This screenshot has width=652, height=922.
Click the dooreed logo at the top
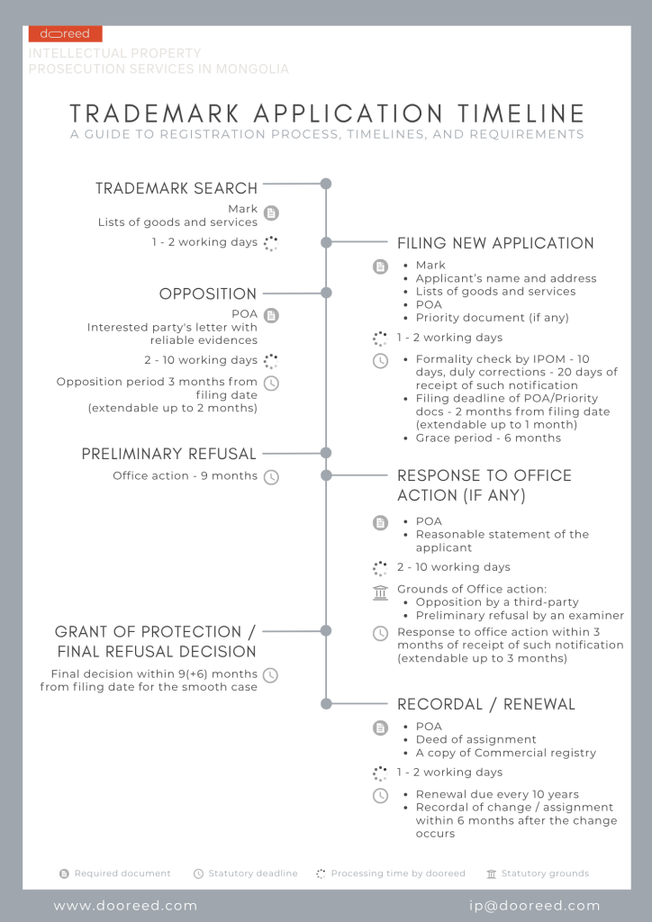pos(65,34)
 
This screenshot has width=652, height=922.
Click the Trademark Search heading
pos(177,188)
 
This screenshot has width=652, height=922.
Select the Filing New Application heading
pos(495,243)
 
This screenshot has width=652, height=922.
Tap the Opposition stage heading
pos(208,294)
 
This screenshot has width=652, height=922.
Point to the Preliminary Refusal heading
pos(169,454)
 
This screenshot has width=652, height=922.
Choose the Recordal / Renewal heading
pos(486,704)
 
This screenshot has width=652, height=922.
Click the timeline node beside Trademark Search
pos(326,184)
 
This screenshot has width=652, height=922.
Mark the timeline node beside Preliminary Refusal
pos(326,453)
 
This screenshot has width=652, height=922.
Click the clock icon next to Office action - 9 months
pos(271,476)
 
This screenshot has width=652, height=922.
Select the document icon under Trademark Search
pos(271,213)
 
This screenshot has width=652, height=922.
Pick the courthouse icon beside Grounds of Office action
pos(381,591)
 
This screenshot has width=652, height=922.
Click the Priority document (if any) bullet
pos(492,318)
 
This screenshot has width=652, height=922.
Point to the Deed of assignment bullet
pos(475,739)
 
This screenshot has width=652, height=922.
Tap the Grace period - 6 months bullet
pos(488,438)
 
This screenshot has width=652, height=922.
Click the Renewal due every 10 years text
pos(497,795)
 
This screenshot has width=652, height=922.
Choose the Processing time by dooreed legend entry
pos(397,873)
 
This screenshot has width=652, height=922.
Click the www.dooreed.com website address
pos(125,906)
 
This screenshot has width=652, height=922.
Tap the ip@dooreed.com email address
pos(534,906)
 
